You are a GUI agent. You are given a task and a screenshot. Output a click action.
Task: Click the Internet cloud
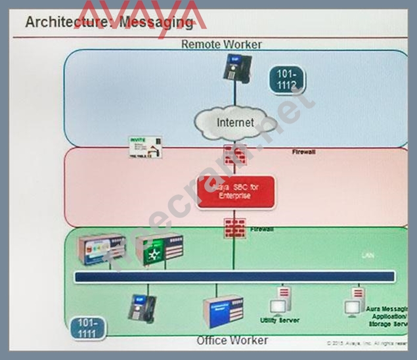click(235, 123)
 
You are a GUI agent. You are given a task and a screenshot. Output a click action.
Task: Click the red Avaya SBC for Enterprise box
click(236, 191)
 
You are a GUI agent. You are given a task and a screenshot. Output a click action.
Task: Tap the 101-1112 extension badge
click(287, 80)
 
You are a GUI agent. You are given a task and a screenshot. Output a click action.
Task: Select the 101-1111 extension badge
click(87, 328)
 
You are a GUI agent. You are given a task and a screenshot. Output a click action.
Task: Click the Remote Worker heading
click(221, 44)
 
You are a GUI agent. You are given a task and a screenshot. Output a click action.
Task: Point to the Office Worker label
click(232, 340)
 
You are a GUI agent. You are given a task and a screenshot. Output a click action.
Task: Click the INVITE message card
click(145, 147)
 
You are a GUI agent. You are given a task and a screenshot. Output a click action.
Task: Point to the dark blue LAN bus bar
click(235, 277)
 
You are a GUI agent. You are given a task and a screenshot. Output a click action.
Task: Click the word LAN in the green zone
click(368, 255)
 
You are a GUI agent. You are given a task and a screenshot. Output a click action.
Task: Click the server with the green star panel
click(158, 249)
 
